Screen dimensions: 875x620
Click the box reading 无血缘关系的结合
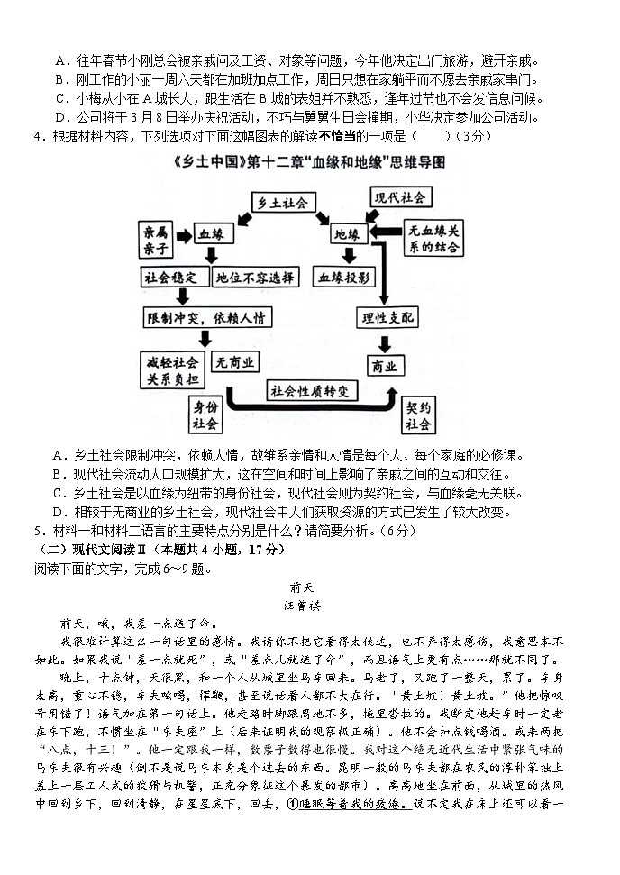pyautogui.click(x=434, y=237)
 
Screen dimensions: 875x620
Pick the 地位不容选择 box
pyautogui.click(x=256, y=278)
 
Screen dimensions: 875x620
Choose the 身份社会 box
pyautogui.click(x=205, y=415)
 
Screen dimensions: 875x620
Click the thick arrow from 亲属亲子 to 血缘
pyautogui.click(x=184, y=235)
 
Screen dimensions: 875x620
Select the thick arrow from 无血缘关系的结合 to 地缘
pyautogui.click(x=386, y=233)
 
